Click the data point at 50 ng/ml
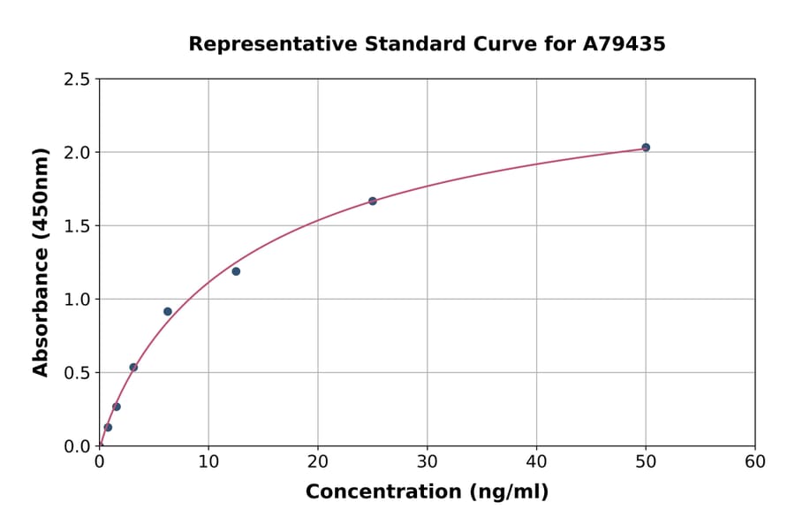[646, 148]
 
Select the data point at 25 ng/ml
[373, 202]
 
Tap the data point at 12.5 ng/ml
[236, 271]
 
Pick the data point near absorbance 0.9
[168, 311]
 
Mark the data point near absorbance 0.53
[133, 368]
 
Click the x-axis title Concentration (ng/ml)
[427, 492]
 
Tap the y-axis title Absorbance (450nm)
[41, 262]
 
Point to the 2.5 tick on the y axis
[77, 80]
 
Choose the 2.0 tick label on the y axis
[77, 153]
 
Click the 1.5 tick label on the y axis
[77, 226]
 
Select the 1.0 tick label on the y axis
[77, 300]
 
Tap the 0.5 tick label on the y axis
[77, 373]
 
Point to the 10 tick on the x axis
[208, 461]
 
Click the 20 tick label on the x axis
[318, 461]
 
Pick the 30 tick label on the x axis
[427, 461]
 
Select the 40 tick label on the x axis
[536, 461]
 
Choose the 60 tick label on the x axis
[755, 461]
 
